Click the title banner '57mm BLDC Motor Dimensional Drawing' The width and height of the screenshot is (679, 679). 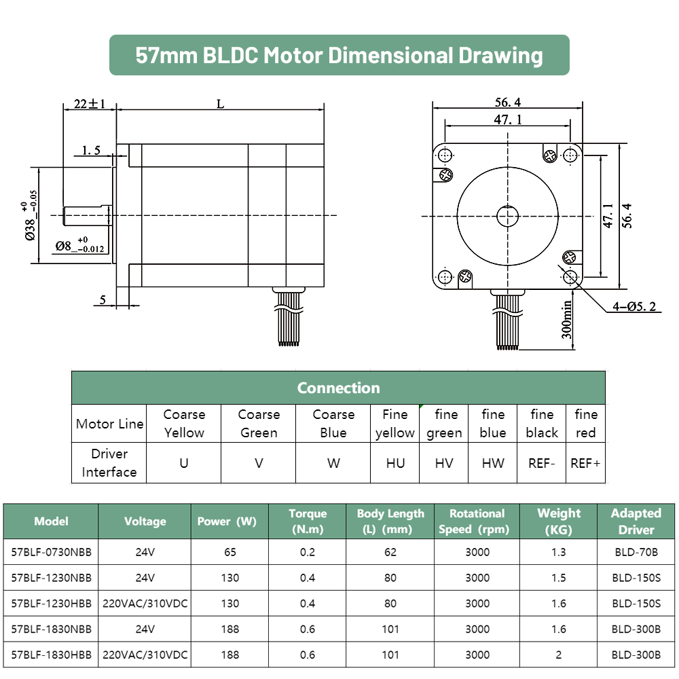tap(339, 55)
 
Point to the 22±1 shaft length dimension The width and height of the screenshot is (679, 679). tap(90, 104)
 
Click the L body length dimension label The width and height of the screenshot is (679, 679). tap(221, 104)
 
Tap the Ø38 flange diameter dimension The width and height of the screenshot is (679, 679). tap(31, 215)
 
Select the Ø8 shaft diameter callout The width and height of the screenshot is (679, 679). tap(79, 245)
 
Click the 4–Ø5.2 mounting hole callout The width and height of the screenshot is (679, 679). tap(634, 307)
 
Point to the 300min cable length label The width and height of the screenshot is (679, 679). tap(566, 320)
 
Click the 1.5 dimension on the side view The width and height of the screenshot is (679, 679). tap(92, 150)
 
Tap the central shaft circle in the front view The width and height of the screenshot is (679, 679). tap(507, 216)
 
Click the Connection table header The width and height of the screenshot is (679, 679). tap(338, 388)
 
